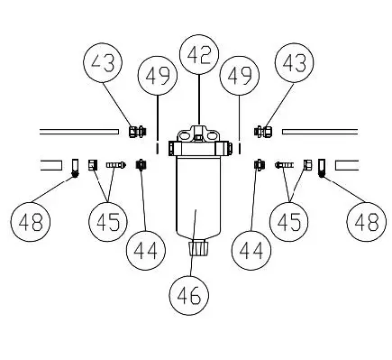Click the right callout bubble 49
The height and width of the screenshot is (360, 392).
pyautogui.click(x=241, y=79)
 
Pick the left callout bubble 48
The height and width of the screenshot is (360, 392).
pyautogui.click(x=31, y=221)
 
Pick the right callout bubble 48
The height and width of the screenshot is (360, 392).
pyautogui.click(x=365, y=221)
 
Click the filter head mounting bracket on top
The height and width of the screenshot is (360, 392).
pyautogui.click(x=198, y=139)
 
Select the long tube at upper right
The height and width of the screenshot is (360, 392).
pyautogui.click(x=320, y=133)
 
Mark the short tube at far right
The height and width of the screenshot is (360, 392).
pyautogui.click(x=346, y=165)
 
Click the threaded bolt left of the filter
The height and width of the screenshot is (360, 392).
pyautogui.click(x=115, y=165)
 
